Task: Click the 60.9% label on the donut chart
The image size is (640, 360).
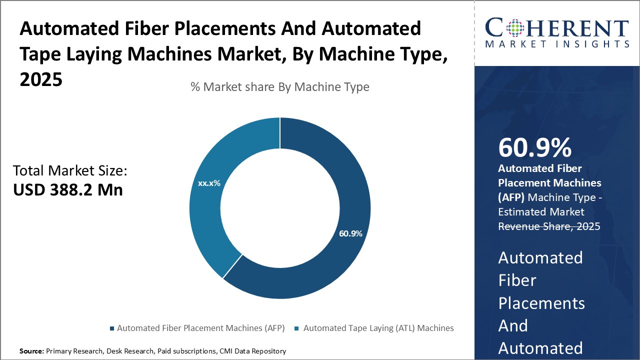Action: pos(350,233)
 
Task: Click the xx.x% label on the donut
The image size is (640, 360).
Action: pos(209,183)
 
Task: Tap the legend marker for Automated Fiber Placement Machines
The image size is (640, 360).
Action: pos(111,328)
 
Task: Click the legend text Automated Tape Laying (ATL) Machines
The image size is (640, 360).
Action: pos(378,328)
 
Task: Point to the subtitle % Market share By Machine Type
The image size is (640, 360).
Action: pos(280,87)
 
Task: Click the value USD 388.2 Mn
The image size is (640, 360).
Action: pos(67,190)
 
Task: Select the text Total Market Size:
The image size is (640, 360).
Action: pos(70,171)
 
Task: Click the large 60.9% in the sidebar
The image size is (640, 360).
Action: pos(535,148)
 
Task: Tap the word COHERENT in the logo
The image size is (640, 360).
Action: pos(557,28)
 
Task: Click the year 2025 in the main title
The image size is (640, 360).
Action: pos(41,79)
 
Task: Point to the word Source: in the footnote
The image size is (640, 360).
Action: pos(31,351)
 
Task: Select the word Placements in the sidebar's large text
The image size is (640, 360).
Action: pos(541,303)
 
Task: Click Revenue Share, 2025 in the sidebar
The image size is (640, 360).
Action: pos(549,226)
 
